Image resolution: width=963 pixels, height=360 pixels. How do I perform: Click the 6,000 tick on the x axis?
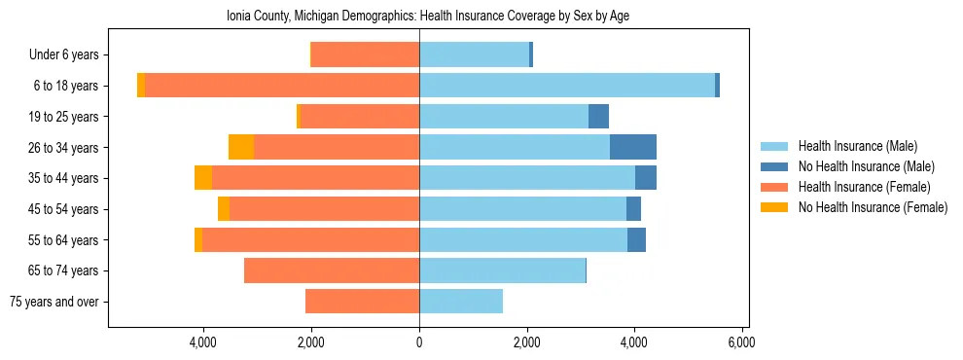coord(741,342)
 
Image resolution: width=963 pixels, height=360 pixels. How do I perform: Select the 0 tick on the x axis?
coord(419,342)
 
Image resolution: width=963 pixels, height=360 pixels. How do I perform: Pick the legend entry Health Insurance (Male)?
coord(857,146)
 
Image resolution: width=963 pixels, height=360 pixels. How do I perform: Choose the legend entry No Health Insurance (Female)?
coord(873,207)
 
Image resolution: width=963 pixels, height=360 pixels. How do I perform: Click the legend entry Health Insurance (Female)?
coord(864,187)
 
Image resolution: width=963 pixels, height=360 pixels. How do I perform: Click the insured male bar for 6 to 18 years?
coord(567,86)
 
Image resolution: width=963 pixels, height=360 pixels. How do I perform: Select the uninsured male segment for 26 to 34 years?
coord(633,147)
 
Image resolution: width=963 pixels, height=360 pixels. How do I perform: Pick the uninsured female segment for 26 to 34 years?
coord(241,147)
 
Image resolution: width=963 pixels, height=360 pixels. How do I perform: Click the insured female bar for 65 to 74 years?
coord(332,270)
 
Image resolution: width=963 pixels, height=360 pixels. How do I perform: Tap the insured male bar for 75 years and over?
coord(461,302)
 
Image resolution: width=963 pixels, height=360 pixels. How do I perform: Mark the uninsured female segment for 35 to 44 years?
coord(203,178)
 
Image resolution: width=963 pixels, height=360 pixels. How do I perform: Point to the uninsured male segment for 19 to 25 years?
coord(599,117)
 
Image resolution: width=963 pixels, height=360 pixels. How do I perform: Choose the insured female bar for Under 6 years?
coord(365,54)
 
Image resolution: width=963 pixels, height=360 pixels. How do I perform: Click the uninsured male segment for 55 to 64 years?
coord(636,239)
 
